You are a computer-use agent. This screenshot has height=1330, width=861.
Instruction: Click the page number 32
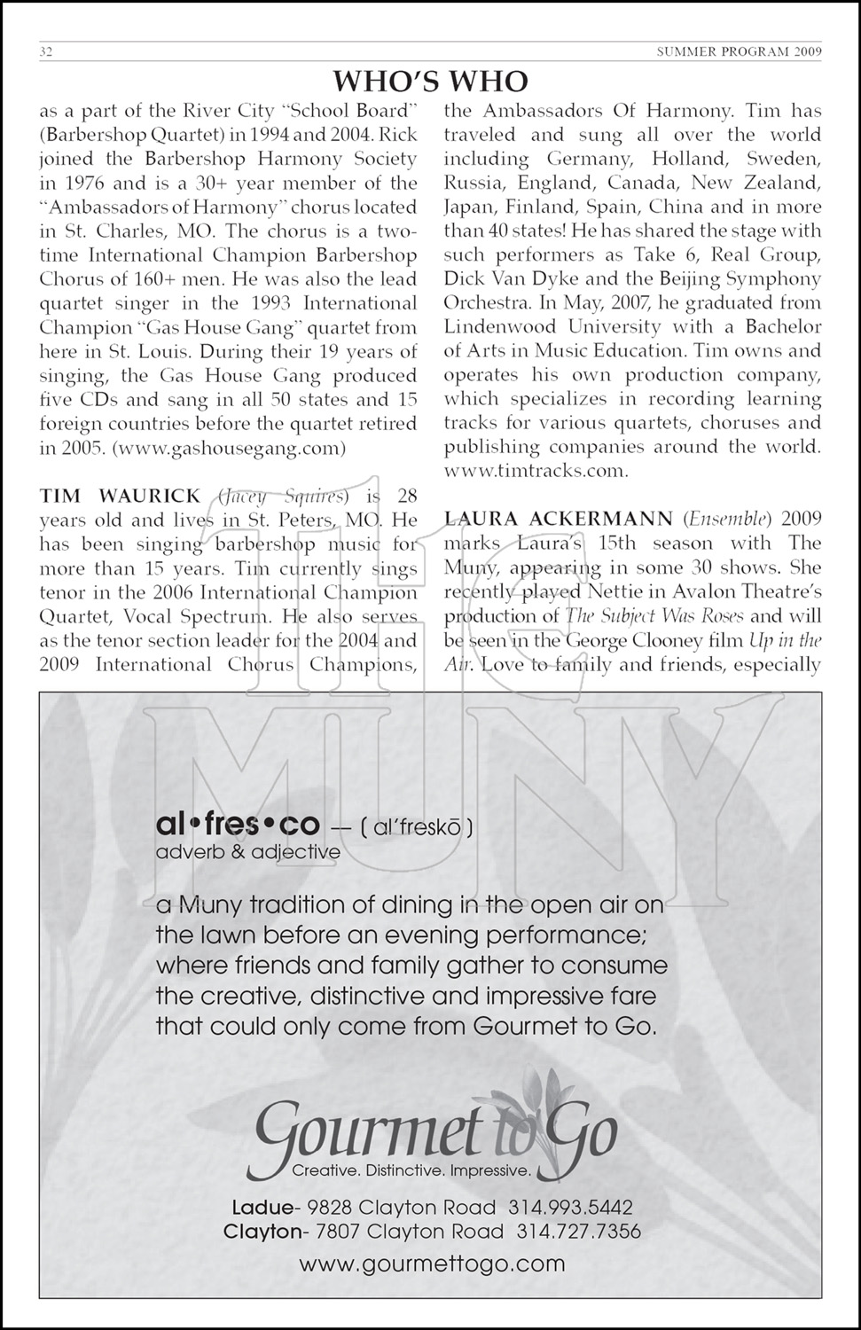(46, 51)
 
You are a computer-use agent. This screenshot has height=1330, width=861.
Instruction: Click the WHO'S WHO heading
(430, 82)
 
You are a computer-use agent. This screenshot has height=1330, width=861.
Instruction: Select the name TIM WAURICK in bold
(121, 496)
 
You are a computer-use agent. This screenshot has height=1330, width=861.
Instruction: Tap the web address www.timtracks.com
(536, 471)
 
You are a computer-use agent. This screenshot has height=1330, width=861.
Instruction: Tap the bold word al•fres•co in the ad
(237, 825)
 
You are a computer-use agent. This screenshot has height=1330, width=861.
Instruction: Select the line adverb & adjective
(247, 852)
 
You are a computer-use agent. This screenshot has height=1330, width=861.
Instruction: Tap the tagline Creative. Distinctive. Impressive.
(411, 1171)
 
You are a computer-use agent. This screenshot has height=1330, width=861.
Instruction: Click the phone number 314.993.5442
(570, 1208)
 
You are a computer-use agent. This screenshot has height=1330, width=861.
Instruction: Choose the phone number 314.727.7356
(578, 1232)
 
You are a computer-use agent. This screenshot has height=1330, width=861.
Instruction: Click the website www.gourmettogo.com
(431, 1263)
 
